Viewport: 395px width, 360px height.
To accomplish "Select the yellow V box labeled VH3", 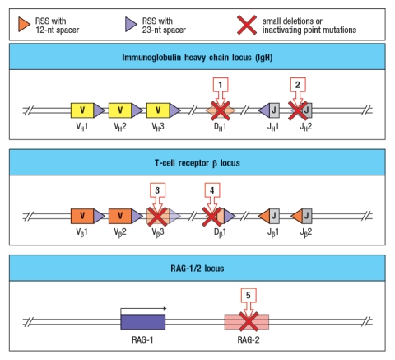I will [156, 110].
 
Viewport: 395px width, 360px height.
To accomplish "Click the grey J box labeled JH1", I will [276, 110].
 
